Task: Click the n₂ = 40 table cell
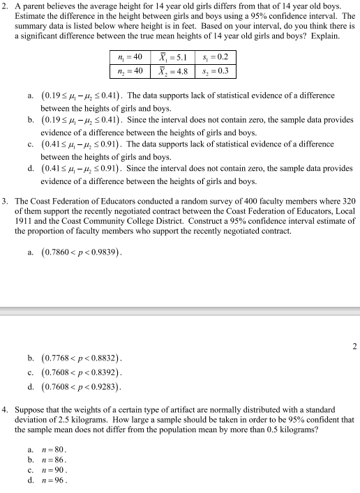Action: click(x=130, y=72)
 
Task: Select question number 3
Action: click(x=6, y=202)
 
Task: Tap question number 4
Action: click(x=6, y=409)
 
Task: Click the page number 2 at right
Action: click(x=354, y=346)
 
